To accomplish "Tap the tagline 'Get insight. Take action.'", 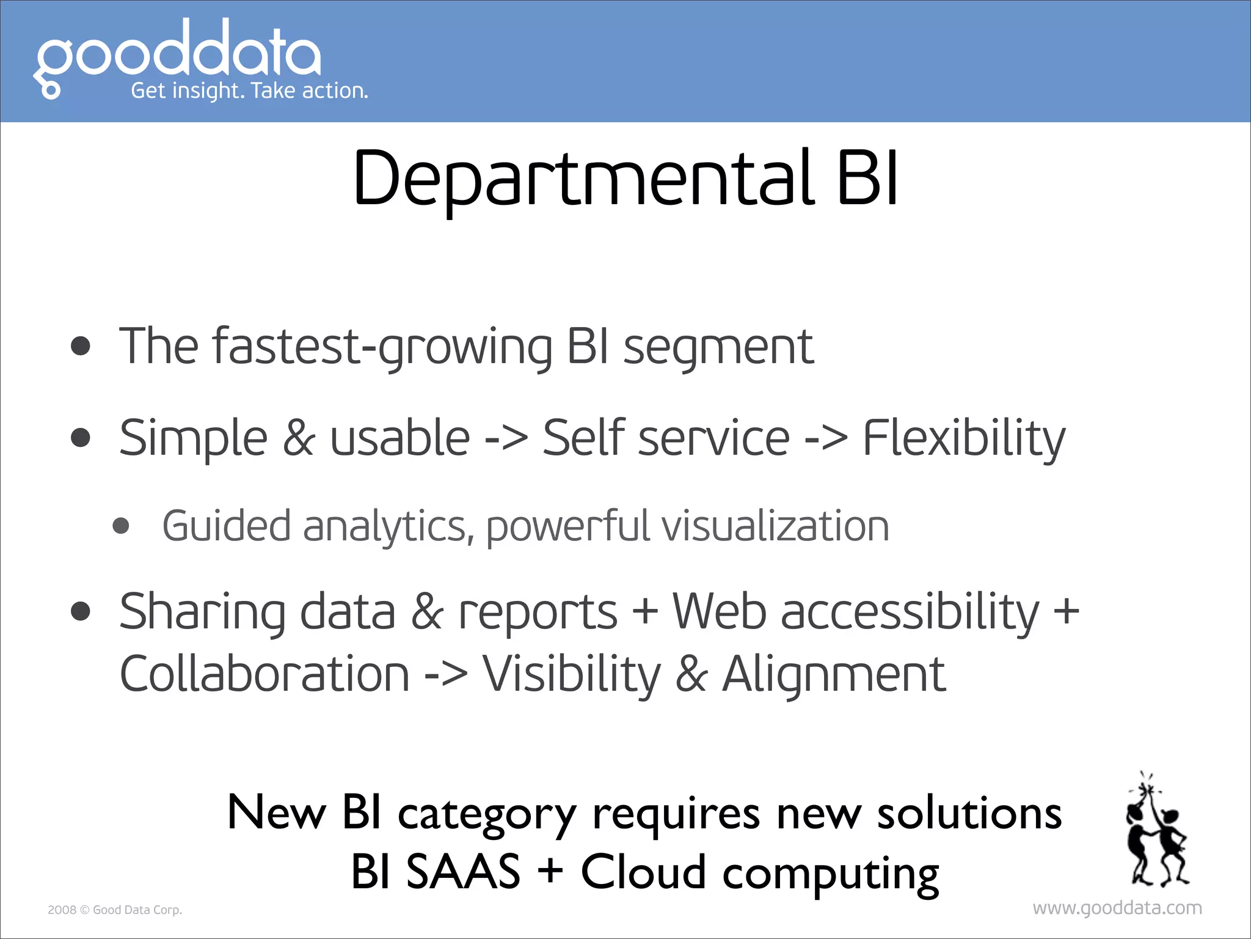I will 249,91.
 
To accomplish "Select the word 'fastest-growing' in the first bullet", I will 382,347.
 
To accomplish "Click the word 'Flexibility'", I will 963,438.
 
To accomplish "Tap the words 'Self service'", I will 666,438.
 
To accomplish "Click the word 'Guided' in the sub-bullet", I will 226,526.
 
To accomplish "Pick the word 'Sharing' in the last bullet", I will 202,612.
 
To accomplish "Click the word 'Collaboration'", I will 264,674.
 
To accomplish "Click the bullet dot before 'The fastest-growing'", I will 81,347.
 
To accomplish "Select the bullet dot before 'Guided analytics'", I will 122,526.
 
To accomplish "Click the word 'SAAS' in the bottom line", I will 463,872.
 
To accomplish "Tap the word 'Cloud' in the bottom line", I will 643,872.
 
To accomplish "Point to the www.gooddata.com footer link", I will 1117,908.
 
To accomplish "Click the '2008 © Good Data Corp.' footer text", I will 115,910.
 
